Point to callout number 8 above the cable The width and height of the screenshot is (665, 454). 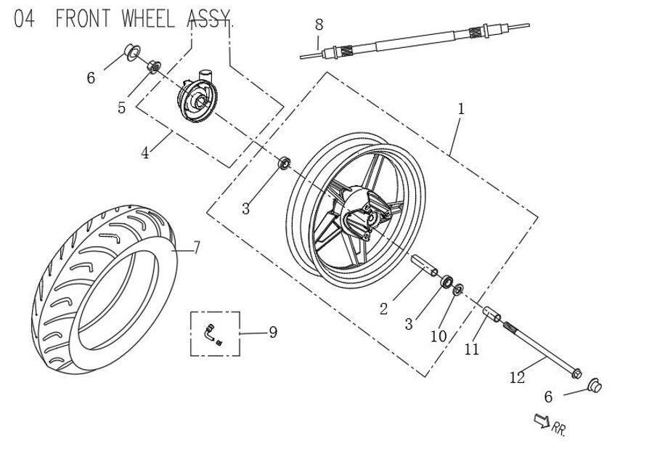click(319, 25)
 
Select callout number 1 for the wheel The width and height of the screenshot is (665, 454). click(460, 109)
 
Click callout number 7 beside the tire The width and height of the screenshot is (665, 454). click(196, 248)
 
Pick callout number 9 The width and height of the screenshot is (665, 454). click(272, 333)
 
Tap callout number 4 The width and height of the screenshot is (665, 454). click(145, 153)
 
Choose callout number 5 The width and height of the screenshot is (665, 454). click(122, 108)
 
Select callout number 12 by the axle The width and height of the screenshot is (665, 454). click(517, 377)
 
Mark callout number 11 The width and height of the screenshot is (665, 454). click(472, 349)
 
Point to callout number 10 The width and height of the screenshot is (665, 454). click(438, 336)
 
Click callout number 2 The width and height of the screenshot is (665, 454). click(383, 309)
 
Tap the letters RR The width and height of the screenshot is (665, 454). click(559, 429)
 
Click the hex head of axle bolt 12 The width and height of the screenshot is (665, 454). click(576, 374)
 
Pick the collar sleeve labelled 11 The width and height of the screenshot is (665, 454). click(494, 317)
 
